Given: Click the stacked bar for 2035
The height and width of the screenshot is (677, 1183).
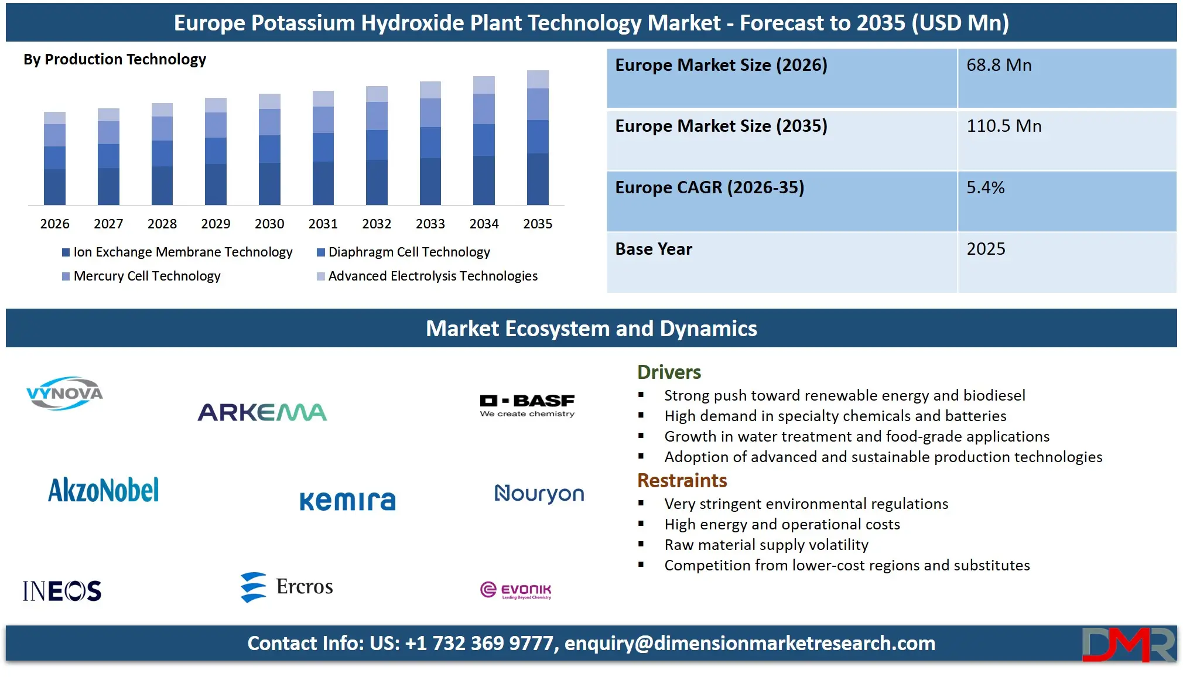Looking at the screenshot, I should pyautogui.click(x=538, y=138).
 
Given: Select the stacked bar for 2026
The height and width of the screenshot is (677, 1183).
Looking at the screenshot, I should pyautogui.click(x=54, y=158).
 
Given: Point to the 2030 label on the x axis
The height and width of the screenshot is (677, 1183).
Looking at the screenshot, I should pyautogui.click(x=269, y=224).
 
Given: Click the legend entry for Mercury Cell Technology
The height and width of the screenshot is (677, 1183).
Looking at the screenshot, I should pyautogui.click(x=146, y=276).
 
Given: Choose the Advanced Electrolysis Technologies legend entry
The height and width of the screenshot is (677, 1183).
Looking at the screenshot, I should pyautogui.click(x=432, y=276).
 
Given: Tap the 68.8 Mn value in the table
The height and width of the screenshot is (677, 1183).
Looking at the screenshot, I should pyautogui.click(x=999, y=65).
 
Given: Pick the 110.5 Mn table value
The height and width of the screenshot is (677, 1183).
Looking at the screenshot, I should pyautogui.click(x=1004, y=126).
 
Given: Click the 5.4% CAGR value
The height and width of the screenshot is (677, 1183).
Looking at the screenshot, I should pyautogui.click(x=985, y=187).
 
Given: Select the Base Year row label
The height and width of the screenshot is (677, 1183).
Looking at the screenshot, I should pyautogui.click(x=654, y=249).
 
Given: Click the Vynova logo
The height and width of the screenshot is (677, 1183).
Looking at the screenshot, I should pyautogui.click(x=64, y=393).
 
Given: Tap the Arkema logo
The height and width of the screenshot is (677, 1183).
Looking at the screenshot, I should pyautogui.click(x=262, y=412).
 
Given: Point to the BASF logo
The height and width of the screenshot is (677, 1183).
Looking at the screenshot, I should pyautogui.click(x=527, y=404).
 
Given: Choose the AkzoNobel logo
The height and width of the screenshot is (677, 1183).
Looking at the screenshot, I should pyautogui.click(x=103, y=490).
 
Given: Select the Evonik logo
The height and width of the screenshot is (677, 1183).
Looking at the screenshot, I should pyautogui.click(x=515, y=590).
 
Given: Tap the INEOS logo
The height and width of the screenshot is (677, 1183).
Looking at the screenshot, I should pyautogui.click(x=62, y=590).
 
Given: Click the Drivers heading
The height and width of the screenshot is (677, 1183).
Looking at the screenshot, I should pyautogui.click(x=669, y=372).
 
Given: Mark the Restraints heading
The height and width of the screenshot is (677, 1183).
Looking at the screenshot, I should pyautogui.click(x=682, y=481).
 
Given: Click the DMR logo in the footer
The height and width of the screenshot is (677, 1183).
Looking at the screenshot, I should pyautogui.click(x=1128, y=644).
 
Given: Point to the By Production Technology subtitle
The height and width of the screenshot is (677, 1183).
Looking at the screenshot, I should pyautogui.click(x=115, y=59).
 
